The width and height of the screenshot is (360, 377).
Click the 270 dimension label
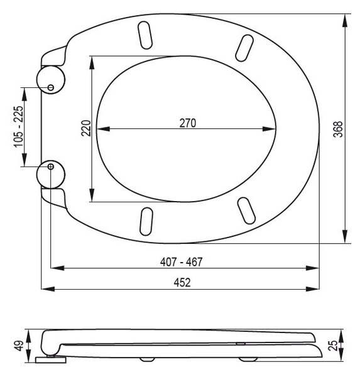pyautogui.click(x=188, y=123)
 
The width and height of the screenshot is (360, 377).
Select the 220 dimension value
pyautogui.click(x=86, y=128)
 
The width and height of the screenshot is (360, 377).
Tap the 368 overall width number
pyautogui.click(x=338, y=129)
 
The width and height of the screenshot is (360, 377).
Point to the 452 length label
pyautogui.click(x=182, y=283)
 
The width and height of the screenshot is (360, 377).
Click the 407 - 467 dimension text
pyautogui.click(x=182, y=262)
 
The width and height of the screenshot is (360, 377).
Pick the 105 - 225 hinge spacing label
pyautogui.click(x=18, y=127)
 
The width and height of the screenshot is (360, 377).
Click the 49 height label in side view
pyautogui.click(x=19, y=346)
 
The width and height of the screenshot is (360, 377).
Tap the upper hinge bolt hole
pyautogui.click(x=51, y=87)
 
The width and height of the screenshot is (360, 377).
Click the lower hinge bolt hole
pyautogui.click(x=51, y=167)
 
